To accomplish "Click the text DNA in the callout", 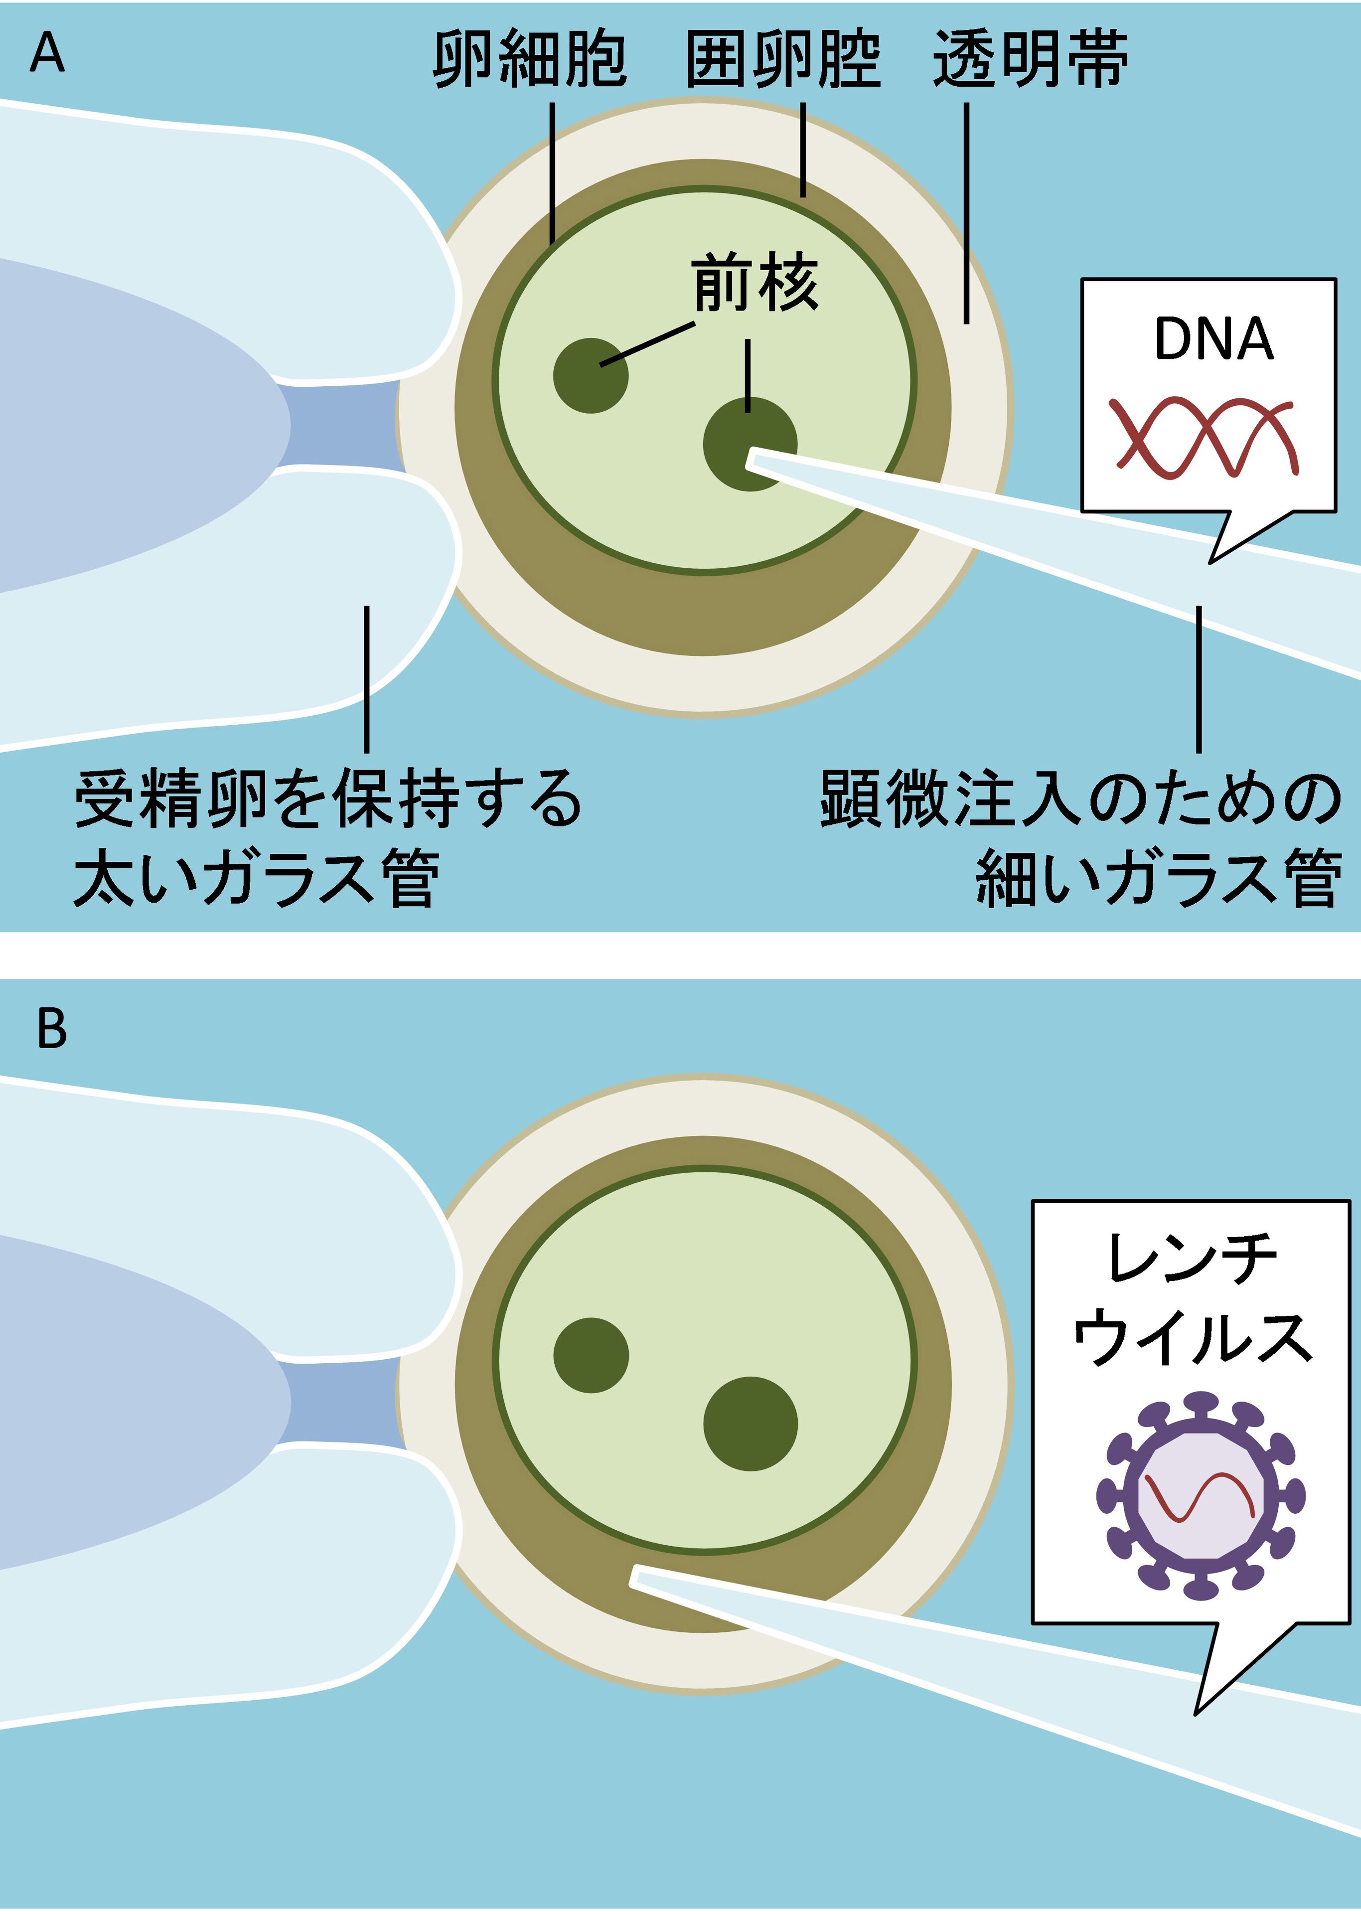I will (x=1213, y=339).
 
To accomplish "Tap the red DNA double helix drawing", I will (x=1205, y=438).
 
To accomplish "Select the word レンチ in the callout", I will (x=1191, y=1259).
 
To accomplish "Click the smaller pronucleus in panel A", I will (x=591, y=375).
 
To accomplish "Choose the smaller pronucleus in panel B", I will (x=592, y=1356).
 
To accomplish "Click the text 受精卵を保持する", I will (x=328, y=798).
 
